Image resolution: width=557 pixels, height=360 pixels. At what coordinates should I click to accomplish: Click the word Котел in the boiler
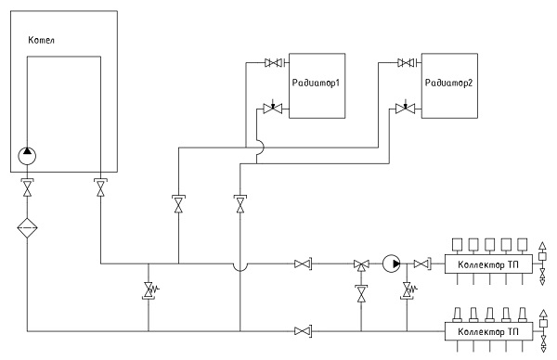[41, 40]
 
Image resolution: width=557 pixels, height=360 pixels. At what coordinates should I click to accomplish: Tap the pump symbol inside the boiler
[27, 156]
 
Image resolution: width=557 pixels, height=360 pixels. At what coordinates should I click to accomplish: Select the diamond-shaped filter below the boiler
[27, 228]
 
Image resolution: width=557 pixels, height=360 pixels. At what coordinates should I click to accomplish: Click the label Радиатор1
[316, 84]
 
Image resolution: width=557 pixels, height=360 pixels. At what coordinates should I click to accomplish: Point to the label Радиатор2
[449, 84]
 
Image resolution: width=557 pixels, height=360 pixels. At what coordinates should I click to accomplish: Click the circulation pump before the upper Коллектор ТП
[392, 264]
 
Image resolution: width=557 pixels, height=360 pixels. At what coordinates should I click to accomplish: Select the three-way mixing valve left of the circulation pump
[361, 264]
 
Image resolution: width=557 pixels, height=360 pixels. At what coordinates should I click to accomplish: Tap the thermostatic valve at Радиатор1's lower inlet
[272, 108]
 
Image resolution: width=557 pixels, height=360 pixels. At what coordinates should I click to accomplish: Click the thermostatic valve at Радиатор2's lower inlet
[405, 108]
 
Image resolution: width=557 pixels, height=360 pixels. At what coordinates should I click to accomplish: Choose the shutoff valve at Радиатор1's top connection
[274, 63]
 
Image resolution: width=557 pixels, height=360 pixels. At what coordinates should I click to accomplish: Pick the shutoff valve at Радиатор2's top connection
[408, 63]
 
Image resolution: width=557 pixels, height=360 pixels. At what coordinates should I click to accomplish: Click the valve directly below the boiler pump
[27, 187]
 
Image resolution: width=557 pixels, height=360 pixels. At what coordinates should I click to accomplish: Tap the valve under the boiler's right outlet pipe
[101, 187]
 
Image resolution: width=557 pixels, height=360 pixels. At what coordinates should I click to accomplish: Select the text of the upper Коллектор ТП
[488, 264]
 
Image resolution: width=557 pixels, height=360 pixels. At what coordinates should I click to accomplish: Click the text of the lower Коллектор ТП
[488, 332]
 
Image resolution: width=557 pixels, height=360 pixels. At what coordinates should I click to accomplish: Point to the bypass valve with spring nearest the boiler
[149, 290]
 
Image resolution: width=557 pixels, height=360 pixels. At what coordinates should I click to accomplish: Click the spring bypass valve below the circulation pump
[408, 290]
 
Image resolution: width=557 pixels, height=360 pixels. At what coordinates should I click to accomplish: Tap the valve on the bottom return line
[303, 331]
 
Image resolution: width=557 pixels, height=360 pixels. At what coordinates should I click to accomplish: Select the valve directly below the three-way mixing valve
[361, 293]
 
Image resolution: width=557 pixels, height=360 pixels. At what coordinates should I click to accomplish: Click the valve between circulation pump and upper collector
[422, 264]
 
